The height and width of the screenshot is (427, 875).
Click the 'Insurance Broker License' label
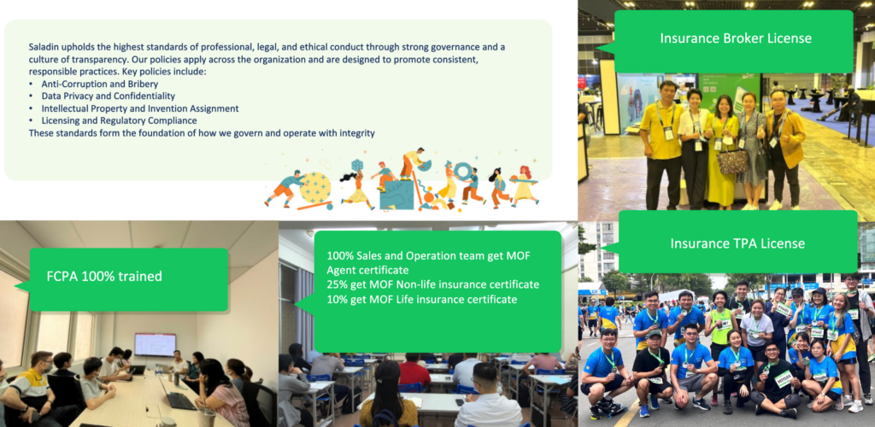(736, 38)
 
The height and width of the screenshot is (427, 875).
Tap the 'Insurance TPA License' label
(737, 243)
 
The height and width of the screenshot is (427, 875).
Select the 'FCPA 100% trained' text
(105, 276)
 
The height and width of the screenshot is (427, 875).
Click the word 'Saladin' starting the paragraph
(44, 47)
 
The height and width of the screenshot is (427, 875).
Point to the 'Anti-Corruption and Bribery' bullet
(100, 85)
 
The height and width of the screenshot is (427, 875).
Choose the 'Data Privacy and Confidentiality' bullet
(109, 97)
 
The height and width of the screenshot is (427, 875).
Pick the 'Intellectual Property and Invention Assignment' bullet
(140, 108)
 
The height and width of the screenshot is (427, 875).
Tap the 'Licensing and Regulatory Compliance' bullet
(119, 120)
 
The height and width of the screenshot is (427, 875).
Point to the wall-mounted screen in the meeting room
(156, 344)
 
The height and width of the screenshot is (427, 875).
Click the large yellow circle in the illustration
(315, 187)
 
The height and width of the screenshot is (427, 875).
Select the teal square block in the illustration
(396, 194)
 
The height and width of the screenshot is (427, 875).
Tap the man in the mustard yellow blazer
(785, 146)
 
